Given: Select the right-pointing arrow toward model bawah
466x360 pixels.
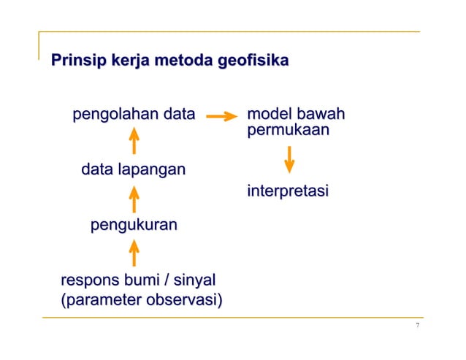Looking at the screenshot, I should (222, 115).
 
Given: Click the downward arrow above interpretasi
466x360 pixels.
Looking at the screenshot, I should (290, 159).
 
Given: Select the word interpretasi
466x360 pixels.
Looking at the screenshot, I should (288, 192).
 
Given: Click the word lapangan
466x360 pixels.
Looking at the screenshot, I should (153, 171).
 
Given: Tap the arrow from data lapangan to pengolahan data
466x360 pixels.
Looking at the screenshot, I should (134, 142).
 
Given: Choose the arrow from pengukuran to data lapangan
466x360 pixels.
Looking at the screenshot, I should (134, 199).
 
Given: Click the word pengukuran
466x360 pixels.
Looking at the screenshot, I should (133, 226).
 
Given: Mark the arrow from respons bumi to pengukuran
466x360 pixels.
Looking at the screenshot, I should (134, 253).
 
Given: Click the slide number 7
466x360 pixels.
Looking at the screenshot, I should (417, 326).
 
